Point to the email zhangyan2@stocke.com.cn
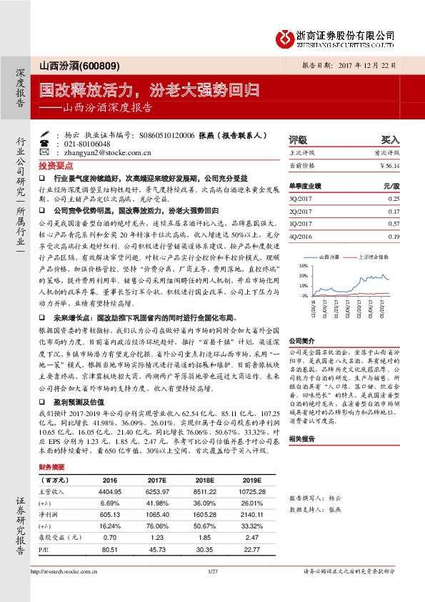[104, 153]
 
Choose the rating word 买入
[390, 139]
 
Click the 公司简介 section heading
[301, 341]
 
